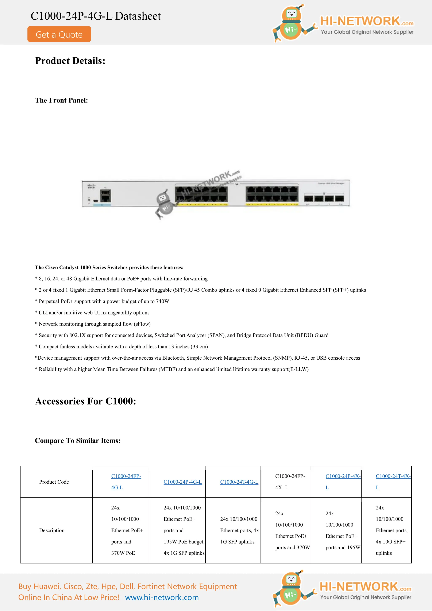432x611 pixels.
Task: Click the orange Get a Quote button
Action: [59, 34]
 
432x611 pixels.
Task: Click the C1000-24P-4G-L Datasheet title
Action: [96, 16]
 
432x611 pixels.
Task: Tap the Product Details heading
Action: [70, 61]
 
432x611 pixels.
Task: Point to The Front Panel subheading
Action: [61, 100]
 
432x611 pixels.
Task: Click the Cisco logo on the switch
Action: [91, 186]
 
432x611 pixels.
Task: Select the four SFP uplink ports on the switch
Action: [324, 198]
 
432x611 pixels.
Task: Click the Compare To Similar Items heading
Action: [77, 441]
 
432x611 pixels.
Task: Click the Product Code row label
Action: [54, 482]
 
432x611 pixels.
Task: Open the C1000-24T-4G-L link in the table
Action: [239, 482]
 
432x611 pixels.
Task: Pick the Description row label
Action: [52, 530]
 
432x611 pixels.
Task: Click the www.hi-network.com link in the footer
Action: [162, 598]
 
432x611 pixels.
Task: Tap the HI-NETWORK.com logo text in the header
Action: [367, 21]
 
